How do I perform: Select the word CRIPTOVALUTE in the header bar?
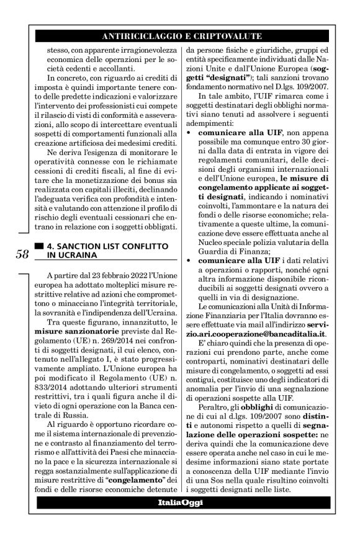click(x=227, y=35)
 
